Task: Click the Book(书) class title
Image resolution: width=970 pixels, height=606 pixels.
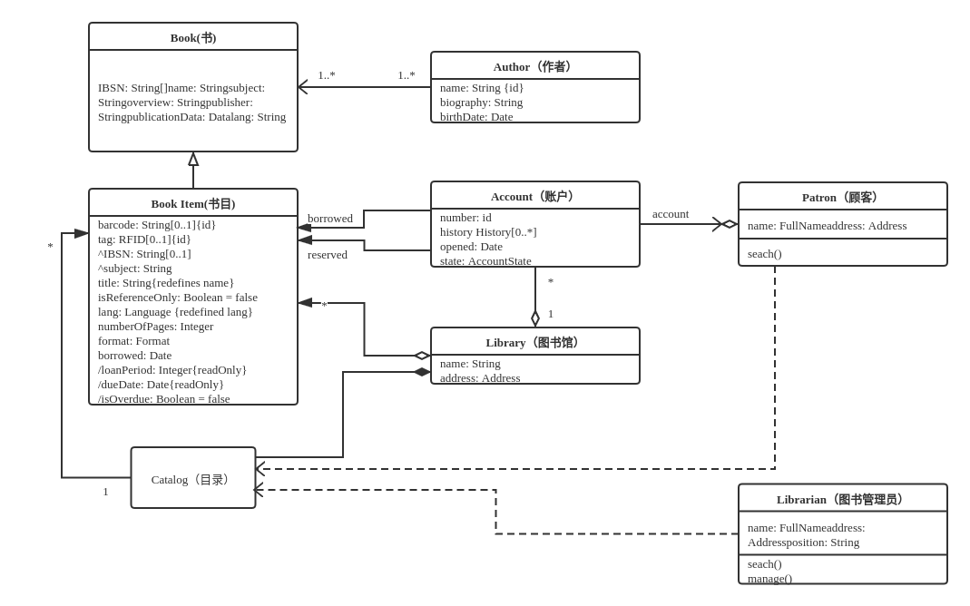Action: tap(193, 37)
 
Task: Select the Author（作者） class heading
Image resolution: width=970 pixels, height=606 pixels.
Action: tap(534, 66)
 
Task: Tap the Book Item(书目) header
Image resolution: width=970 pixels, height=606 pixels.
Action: tap(193, 203)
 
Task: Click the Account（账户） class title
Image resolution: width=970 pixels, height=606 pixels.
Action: tap(534, 196)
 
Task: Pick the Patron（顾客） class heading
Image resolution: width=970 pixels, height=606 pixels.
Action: tap(842, 197)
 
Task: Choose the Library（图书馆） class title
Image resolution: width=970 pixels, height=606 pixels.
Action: tap(534, 342)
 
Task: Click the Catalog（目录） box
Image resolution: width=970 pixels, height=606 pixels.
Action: tap(193, 479)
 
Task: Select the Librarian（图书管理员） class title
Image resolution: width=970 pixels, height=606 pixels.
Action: tap(842, 499)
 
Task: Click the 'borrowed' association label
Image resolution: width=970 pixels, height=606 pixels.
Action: tap(330, 218)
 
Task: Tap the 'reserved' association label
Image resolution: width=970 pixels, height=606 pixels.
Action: tap(328, 254)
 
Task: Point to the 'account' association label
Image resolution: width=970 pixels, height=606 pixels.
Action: tap(671, 213)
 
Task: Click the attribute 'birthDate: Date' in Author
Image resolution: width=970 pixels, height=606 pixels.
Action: tap(476, 116)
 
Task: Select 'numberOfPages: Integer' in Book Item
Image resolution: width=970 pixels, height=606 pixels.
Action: tap(156, 326)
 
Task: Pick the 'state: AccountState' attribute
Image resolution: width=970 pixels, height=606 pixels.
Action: tap(485, 260)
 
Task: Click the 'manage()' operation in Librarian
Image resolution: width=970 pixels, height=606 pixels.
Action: tap(769, 578)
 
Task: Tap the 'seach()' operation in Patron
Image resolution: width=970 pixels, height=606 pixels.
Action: tap(764, 253)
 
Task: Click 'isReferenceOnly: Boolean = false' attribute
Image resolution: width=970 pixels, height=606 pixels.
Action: tap(178, 297)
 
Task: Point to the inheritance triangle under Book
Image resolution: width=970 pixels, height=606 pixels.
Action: tap(193, 160)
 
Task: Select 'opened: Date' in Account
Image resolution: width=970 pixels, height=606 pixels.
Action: tap(471, 246)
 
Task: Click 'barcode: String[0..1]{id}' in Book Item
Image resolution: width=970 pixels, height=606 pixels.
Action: tap(157, 224)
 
